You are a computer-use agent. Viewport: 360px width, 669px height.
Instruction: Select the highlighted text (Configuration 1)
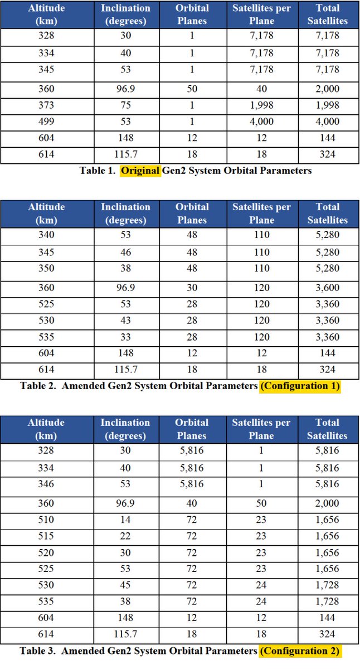point(300,386)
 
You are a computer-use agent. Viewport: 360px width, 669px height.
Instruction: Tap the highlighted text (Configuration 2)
point(300,651)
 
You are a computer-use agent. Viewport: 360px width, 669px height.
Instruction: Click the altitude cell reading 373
point(46,106)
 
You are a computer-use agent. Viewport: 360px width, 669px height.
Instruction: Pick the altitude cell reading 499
point(46,122)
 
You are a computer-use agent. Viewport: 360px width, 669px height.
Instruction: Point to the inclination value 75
point(125,106)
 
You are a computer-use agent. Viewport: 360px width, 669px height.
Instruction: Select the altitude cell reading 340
point(46,235)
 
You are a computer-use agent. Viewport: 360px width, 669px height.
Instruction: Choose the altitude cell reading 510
point(46,520)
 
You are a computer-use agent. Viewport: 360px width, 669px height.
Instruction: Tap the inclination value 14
point(125,520)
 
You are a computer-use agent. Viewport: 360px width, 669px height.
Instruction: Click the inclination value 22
point(125,536)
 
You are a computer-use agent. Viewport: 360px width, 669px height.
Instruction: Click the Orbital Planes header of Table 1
point(192,14)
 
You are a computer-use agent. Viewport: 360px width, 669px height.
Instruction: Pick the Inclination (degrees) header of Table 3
point(125,429)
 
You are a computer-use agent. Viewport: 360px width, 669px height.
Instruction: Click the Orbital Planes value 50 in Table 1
point(192,89)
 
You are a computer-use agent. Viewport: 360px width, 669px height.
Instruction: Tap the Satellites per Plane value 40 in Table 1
point(261,89)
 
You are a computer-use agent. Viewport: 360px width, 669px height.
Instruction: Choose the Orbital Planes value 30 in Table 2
point(192,288)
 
